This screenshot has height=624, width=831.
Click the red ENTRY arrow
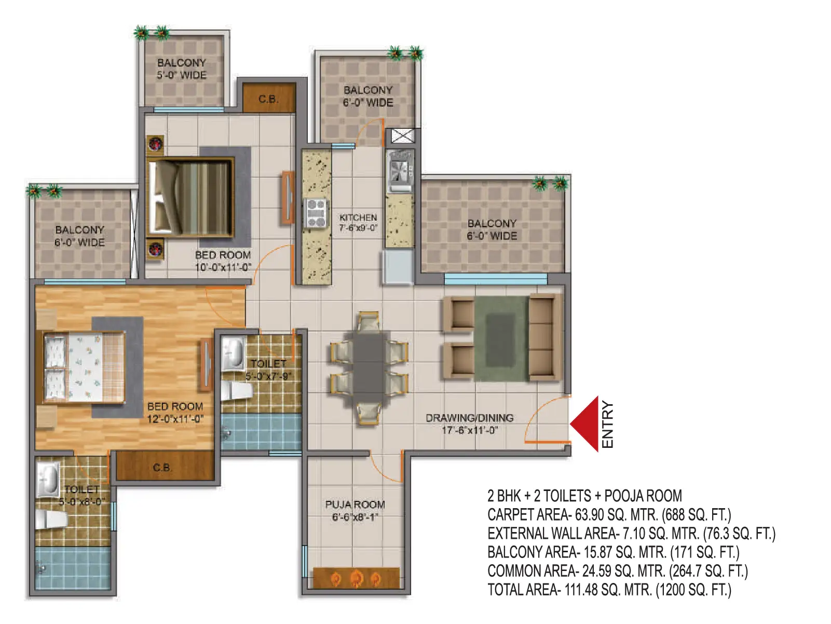coord(584,424)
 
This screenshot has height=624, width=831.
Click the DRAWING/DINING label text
coord(469,418)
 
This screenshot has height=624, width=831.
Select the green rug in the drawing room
coord(501,338)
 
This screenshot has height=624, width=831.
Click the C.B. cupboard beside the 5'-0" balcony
coord(268,98)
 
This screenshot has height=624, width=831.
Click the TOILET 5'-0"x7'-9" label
coord(268,370)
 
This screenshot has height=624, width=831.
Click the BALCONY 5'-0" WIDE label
coord(182,69)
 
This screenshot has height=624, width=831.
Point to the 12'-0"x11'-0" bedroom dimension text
coord(175,419)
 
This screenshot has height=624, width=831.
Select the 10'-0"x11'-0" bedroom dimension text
coord(223,268)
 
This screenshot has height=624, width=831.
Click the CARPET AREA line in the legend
coord(609,514)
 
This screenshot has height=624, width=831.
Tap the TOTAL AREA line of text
coord(609,590)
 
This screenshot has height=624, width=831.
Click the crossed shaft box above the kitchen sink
coord(402,136)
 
